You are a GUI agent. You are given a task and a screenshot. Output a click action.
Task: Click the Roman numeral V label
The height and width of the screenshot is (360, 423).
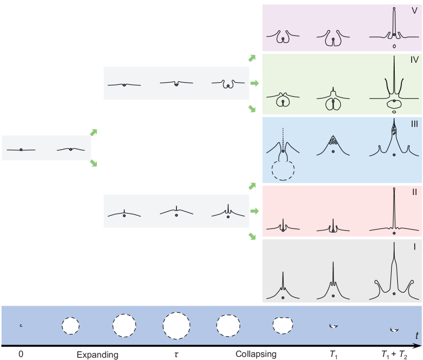pyautogui.click(x=414, y=10)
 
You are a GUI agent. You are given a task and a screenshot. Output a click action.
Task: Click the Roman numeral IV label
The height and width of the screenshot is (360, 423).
pyautogui.click(x=414, y=60)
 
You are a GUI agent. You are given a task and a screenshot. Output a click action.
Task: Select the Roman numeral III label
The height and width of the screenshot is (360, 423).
pyautogui.click(x=414, y=123)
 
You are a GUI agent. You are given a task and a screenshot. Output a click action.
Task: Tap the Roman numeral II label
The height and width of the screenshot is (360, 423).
pyautogui.click(x=414, y=192)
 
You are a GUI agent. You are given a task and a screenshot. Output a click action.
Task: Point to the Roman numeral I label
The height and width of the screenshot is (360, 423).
pyautogui.click(x=414, y=247)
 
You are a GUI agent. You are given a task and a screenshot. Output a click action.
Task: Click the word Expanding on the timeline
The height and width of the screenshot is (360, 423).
pyautogui.click(x=98, y=354)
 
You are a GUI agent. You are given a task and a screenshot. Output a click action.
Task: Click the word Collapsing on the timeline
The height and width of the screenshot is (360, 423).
pyautogui.click(x=256, y=354)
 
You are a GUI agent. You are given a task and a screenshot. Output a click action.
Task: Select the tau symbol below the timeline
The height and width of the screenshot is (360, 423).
pyautogui.click(x=176, y=354)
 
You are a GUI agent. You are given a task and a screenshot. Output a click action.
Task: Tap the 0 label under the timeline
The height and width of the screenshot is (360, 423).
pyautogui.click(x=21, y=354)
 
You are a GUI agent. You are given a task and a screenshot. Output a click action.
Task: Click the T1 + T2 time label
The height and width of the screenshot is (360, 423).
pyautogui.click(x=393, y=354)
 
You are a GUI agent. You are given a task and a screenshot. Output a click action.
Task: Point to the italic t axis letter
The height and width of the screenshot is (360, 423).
pyautogui.click(x=417, y=335)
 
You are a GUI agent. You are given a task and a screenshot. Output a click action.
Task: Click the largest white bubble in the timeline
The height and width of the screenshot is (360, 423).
pyautogui.click(x=176, y=326)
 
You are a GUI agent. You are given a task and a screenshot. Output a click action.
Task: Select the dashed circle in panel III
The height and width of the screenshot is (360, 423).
pyautogui.click(x=283, y=170)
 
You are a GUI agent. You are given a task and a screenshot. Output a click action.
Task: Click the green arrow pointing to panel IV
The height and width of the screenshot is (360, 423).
pyautogui.click(x=254, y=83)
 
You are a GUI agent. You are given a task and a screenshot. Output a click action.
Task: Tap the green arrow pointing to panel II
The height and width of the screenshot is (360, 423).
pyautogui.click(x=254, y=211)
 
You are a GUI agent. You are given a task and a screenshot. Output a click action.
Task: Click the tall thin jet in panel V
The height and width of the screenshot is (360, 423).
pyautogui.click(x=394, y=21)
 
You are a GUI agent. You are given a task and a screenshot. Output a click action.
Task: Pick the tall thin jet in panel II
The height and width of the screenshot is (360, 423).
pyautogui.click(x=394, y=208)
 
